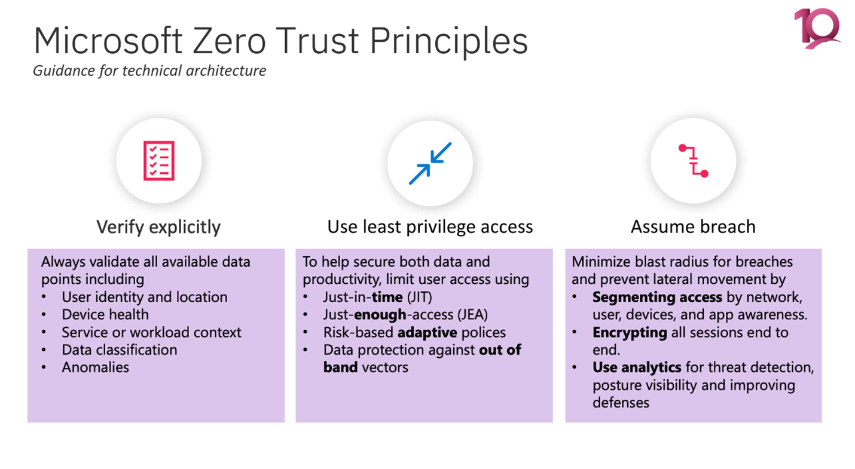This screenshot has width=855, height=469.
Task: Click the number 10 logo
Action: point(817,29)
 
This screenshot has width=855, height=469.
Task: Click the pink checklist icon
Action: point(159,161)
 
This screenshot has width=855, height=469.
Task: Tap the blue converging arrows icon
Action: point(430,163)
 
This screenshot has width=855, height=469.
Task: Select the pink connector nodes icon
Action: point(693,161)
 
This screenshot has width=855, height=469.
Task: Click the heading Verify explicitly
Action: point(158,227)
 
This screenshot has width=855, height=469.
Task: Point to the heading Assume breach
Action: point(693,227)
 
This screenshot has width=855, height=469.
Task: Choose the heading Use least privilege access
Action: point(430,227)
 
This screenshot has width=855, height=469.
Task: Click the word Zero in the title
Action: point(228,41)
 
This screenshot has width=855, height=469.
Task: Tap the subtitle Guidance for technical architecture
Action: point(149,71)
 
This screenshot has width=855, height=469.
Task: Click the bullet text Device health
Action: point(105,315)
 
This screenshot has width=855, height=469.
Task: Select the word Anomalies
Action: point(96,367)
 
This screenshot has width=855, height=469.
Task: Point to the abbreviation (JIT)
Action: point(420,298)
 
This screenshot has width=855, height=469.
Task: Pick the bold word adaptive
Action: point(427,333)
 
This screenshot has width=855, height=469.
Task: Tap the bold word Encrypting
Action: point(630,333)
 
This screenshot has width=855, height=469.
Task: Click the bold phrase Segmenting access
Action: point(657,298)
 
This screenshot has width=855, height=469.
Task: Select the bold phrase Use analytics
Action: point(637,367)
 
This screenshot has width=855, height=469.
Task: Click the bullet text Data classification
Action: point(120,350)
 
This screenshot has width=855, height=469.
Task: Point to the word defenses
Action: point(621,403)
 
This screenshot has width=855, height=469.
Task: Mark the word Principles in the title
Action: point(449,42)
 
